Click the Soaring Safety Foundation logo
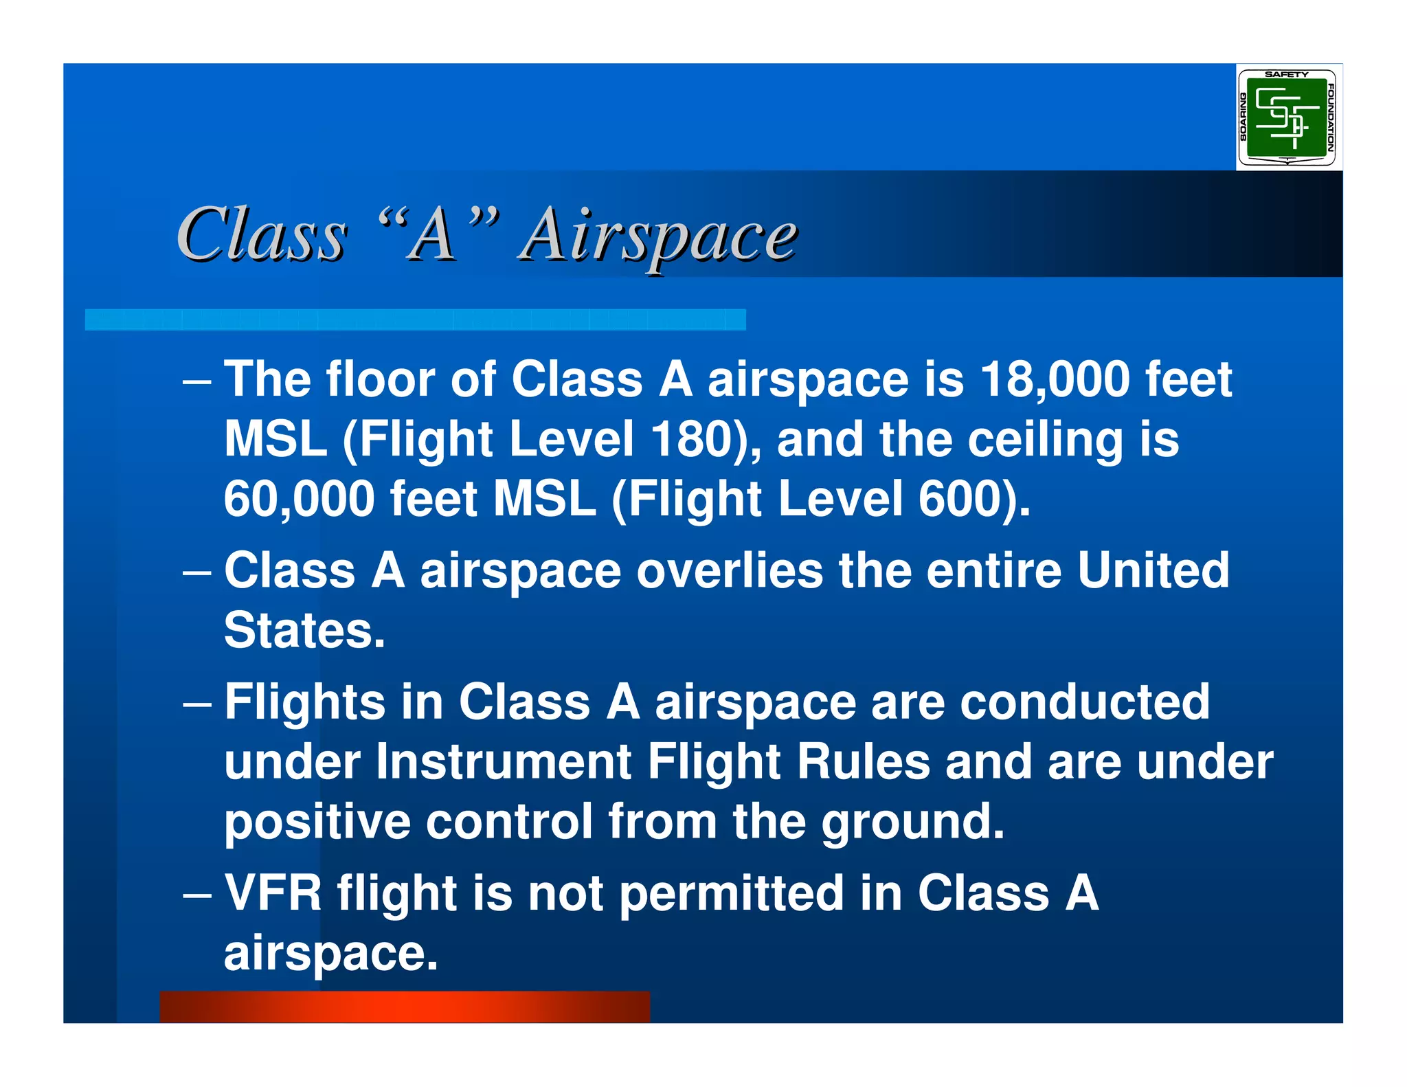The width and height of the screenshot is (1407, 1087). point(1286,117)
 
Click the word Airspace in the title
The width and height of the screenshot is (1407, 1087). point(658,236)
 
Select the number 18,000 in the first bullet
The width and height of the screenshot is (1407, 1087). point(1054,379)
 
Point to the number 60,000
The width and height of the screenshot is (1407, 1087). point(299,499)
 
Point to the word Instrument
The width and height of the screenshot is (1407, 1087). point(504,762)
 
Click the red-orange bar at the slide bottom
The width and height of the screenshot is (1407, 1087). point(404,1007)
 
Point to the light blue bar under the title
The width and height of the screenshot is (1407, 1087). point(415,320)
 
